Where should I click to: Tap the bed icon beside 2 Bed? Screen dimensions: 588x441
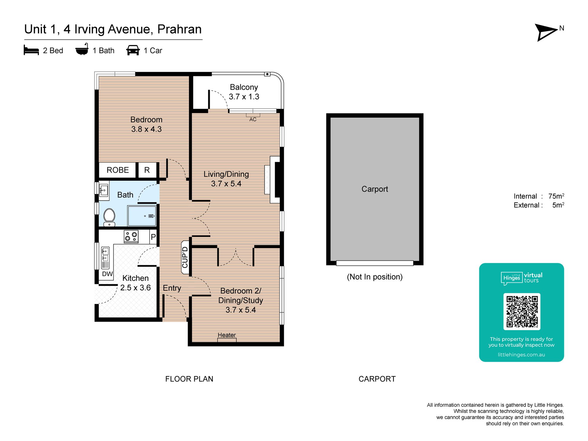tap(31, 50)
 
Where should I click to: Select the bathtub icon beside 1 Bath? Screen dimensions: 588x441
tap(82, 49)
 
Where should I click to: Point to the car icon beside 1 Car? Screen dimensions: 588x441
tap(133, 50)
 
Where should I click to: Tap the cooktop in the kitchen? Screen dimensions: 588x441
tap(131, 237)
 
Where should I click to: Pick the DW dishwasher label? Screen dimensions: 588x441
tap(107, 274)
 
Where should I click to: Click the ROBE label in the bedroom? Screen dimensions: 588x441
tap(118, 170)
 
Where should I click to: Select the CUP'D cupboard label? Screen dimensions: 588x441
tap(185, 258)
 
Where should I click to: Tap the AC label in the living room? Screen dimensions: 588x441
tap(253, 119)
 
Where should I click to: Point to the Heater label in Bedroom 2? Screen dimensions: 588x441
tap(227, 335)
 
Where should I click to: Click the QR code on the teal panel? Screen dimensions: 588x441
tap(522, 311)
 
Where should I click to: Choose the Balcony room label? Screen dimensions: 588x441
tap(244, 87)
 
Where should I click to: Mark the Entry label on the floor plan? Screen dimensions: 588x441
tap(172, 288)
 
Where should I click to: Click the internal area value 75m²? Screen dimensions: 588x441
tap(556, 196)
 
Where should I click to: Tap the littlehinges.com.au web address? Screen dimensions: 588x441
tap(522, 355)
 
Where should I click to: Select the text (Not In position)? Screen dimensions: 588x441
tap(375, 277)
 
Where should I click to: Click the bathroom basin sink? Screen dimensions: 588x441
tap(104, 190)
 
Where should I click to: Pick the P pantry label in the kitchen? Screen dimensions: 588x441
tap(153, 237)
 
